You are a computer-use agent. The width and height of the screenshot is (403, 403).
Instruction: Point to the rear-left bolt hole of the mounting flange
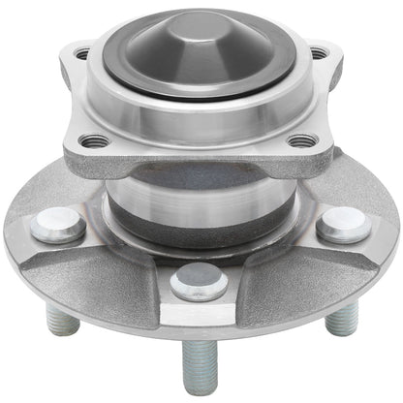[82, 54]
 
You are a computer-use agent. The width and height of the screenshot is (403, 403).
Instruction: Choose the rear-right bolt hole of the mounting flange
[318, 52]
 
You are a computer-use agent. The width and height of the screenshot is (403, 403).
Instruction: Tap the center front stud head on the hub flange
[199, 282]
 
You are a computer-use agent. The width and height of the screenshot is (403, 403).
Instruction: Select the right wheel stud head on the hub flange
[343, 224]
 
